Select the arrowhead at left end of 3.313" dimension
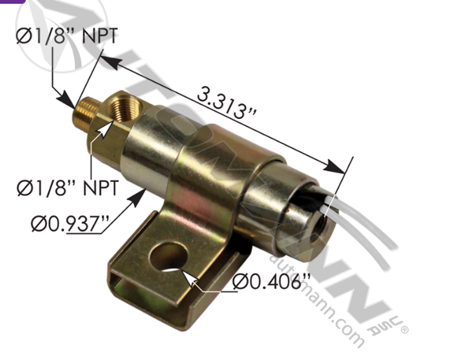105,60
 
